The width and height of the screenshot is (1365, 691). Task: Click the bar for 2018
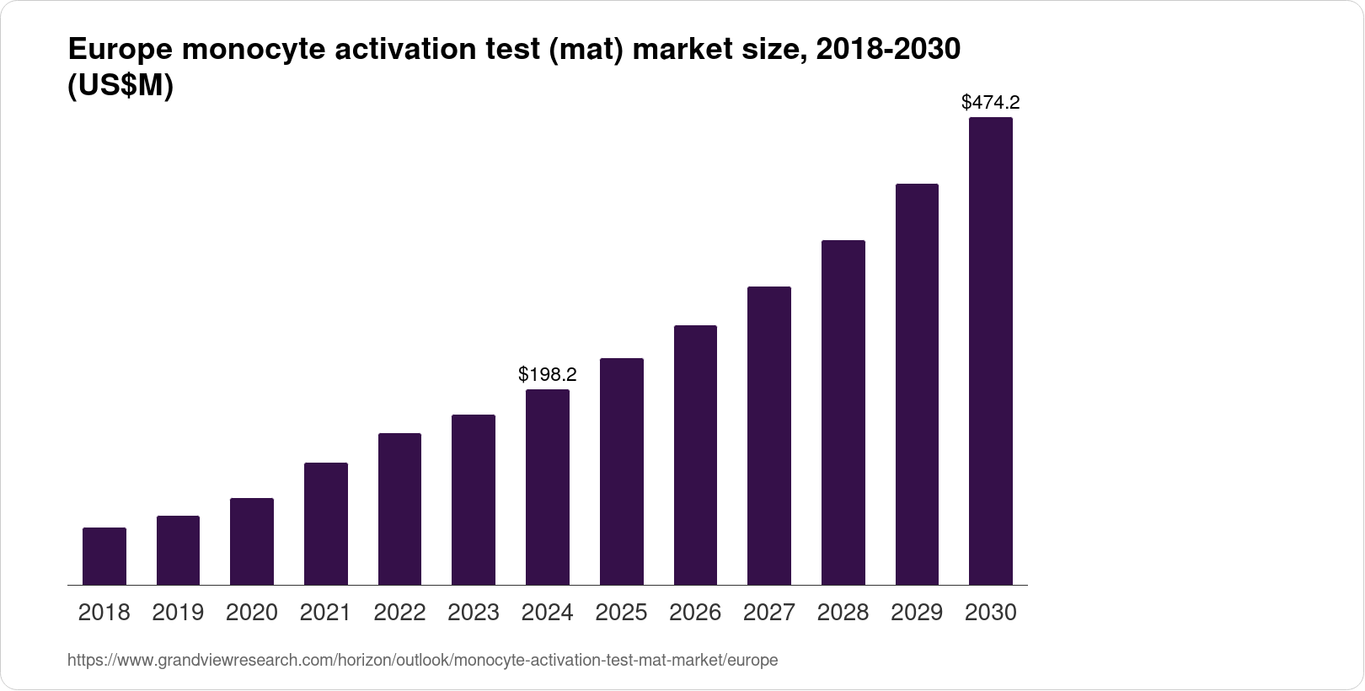[x=104, y=556]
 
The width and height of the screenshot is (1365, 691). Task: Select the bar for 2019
[x=178, y=550]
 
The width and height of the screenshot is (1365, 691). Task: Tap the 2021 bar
[x=326, y=523]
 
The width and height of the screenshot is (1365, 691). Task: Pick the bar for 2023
[x=474, y=500]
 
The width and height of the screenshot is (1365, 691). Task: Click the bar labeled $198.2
[x=548, y=487]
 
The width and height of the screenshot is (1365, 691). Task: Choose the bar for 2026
[x=695, y=455]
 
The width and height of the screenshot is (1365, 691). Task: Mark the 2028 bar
[x=843, y=412]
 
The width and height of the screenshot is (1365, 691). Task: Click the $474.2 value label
[x=991, y=103]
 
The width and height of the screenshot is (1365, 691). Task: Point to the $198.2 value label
[x=548, y=374]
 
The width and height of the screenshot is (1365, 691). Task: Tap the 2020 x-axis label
[x=252, y=613]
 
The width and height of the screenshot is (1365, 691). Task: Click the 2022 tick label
[x=399, y=613]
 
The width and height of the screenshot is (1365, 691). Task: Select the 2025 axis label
[x=621, y=613]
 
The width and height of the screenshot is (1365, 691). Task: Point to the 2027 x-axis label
[x=769, y=613]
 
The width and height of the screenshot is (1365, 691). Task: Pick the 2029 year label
[x=917, y=613]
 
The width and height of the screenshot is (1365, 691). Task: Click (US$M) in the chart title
[x=120, y=86]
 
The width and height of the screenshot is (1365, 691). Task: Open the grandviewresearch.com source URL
[x=422, y=661]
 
